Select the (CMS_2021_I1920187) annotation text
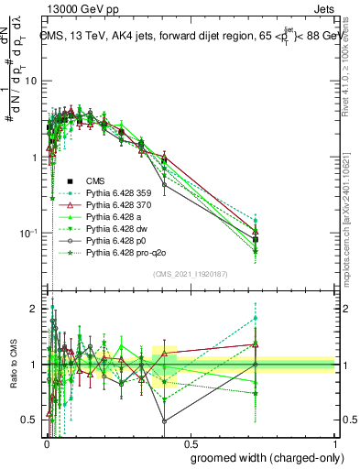191,274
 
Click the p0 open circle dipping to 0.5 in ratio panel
164,421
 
